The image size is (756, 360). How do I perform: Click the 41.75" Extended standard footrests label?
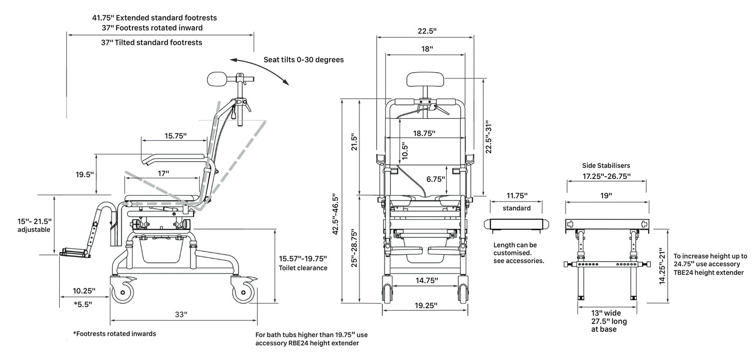pos(154,18)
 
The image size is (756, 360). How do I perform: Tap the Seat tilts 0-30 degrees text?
pos(303,60)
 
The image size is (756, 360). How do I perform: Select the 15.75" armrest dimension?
pos(175,136)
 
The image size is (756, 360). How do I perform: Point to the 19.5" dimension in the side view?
pos(84,174)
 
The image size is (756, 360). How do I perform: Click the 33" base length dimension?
pos(181,314)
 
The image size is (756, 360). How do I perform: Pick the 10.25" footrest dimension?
pos(84,291)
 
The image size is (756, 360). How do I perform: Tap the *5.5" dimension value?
pos(83,305)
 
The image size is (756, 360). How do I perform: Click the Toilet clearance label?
pos(303,268)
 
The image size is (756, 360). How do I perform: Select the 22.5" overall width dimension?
pos(427,31)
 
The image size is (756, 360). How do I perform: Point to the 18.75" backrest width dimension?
pos(424,133)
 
